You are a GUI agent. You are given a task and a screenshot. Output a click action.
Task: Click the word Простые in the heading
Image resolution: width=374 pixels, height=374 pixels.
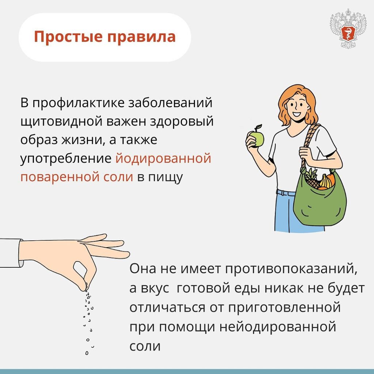(x=68, y=37)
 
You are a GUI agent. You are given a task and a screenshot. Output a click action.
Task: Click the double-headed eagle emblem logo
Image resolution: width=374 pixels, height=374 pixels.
(x=348, y=28)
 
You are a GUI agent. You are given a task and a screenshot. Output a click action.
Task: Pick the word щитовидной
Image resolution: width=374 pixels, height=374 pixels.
(x=61, y=122)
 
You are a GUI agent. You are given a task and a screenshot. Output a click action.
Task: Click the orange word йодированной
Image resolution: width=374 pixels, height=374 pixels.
(x=163, y=159)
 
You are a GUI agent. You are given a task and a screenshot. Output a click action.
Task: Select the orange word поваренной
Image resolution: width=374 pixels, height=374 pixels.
(x=77, y=177)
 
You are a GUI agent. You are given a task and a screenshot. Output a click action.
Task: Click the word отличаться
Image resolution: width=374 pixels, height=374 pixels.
(x=167, y=307)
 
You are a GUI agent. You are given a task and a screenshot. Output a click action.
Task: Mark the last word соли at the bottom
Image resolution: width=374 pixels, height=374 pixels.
(x=145, y=346)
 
